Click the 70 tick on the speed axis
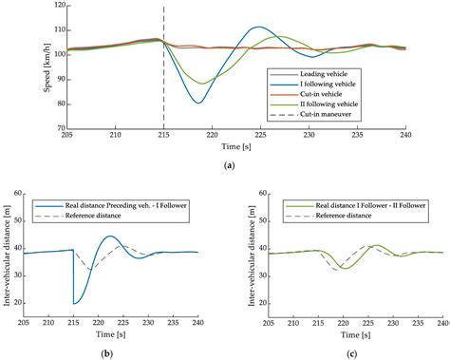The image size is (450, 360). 56,127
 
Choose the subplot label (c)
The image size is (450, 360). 342,352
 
